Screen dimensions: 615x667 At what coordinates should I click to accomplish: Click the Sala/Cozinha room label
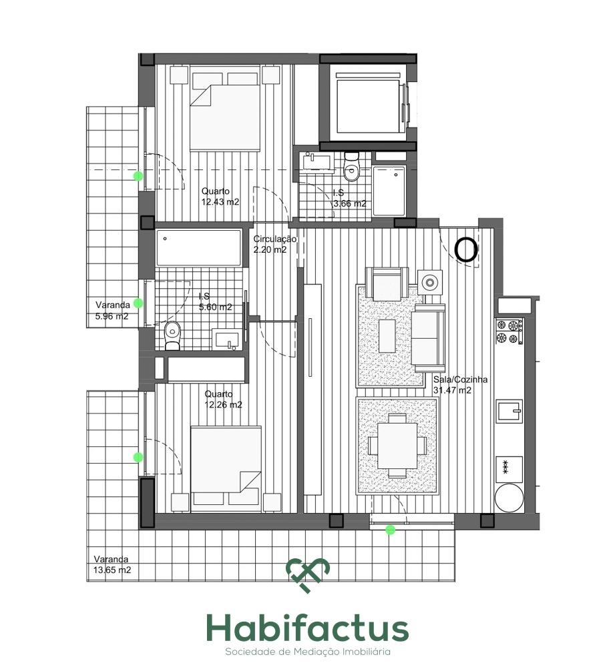(460, 380)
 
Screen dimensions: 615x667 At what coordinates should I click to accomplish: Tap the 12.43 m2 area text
(220, 202)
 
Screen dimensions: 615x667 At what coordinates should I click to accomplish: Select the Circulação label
(274, 239)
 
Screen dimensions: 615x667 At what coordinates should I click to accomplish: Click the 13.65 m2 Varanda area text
(112, 570)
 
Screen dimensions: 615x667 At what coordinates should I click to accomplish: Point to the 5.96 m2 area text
(112, 316)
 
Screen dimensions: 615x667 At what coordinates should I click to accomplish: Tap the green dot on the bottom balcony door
(390, 530)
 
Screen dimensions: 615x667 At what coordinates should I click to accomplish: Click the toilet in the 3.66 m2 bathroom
(352, 167)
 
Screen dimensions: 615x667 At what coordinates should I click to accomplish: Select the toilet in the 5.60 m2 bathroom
(172, 336)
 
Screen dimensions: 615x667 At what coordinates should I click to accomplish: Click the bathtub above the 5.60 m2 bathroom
(198, 248)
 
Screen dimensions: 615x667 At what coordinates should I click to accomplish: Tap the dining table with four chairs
(397, 446)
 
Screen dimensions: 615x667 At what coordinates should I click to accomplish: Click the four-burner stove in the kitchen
(509, 331)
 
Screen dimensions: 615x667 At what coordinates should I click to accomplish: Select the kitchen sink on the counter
(509, 412)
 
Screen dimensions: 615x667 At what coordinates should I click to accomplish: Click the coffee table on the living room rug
(387, 336)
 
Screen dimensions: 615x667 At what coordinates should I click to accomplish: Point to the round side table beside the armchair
(429, 282)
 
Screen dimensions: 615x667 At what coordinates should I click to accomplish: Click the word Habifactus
(307, 628)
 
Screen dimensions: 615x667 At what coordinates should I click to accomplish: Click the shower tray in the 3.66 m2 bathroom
(389, 191)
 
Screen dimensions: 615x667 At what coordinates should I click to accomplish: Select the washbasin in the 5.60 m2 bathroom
(227, 340)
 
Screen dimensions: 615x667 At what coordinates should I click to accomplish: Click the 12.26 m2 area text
(223, 405)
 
